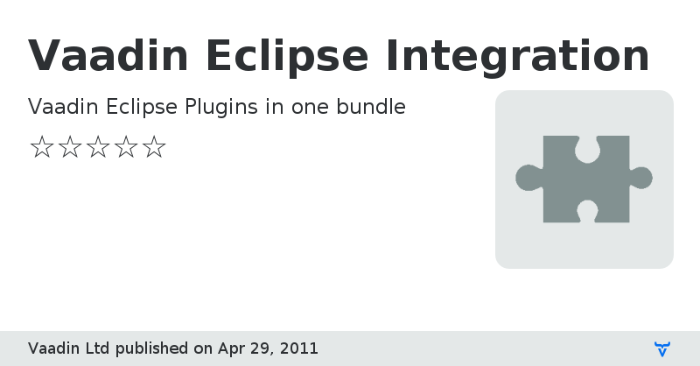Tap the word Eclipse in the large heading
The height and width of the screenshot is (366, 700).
(288, 56)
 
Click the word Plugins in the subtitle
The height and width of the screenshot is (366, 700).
(221, 108)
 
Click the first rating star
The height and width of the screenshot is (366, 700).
(41, 147)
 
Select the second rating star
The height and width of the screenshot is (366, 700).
(69, 147)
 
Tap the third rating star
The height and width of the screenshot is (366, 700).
(98, 147)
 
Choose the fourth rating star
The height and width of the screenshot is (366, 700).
(126, 147)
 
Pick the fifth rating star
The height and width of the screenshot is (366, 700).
(154, 147)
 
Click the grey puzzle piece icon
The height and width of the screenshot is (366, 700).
(584, 179)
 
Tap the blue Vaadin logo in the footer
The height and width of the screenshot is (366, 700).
(662, 348)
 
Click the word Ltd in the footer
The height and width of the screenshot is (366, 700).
(96, 348)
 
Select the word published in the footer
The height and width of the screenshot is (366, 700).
(152, 348)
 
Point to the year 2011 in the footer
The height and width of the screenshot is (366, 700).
(298, 348)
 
